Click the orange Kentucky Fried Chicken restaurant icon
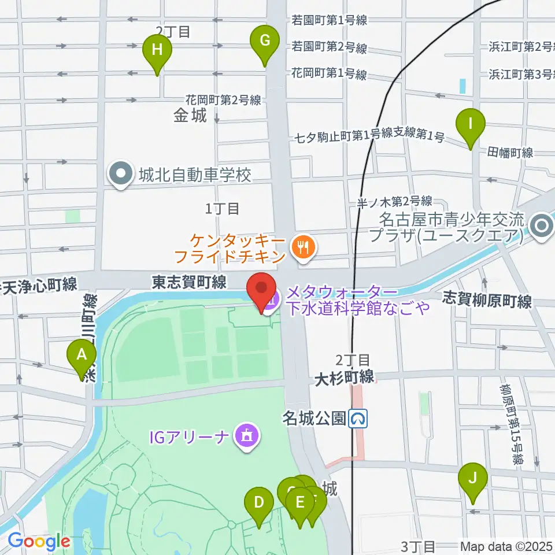tap(302, 247)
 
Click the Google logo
tap(39, 542)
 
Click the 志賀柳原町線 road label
tap(487, 300)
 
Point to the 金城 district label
tap(190, 116)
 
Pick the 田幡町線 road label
tap(510, 153)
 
